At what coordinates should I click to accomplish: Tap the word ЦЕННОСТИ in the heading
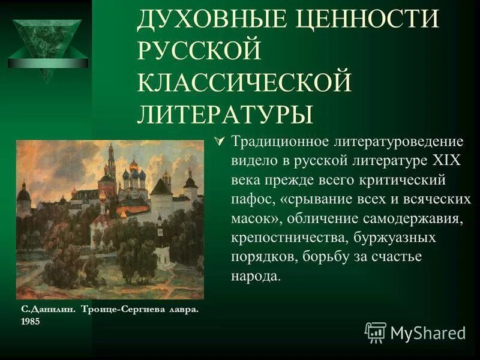367,21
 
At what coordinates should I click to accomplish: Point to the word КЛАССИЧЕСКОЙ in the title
244,82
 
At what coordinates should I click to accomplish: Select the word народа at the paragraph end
256,277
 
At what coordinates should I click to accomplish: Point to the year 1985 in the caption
30,321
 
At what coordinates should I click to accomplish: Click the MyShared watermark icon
376,332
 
